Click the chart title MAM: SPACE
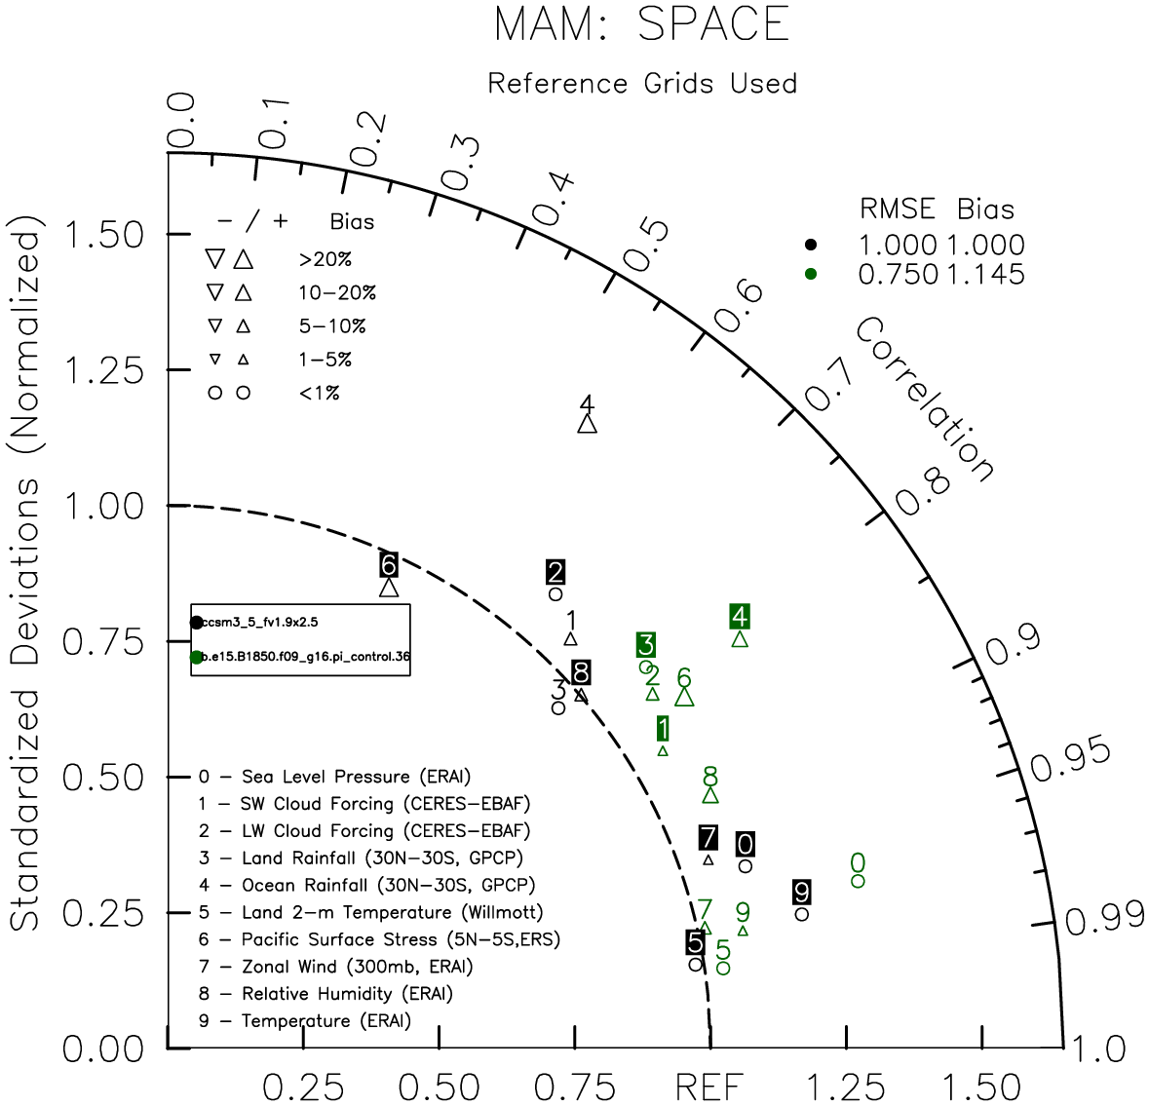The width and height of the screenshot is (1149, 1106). tap(641, 25)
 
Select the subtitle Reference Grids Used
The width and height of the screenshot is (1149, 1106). tap(642, 84)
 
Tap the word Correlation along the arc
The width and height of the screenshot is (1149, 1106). tap(925, 400)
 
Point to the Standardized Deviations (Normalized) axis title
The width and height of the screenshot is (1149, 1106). tap(26, 579)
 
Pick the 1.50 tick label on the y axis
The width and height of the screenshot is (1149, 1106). tap(102, 235)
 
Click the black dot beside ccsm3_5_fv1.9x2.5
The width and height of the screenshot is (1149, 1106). tap(197, 623)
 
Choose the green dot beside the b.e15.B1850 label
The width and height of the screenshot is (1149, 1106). tap(197, 658)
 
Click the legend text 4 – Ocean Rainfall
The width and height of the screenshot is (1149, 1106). tap(367, 886)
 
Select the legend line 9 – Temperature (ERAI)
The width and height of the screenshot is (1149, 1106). tap(305, 1021)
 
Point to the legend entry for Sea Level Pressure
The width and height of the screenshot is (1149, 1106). tap(334, 777)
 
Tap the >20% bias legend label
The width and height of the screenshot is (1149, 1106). tap(325, 260)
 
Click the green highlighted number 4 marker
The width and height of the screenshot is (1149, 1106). tap(740, 617)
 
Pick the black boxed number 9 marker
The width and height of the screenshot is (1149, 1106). tap(802, 893)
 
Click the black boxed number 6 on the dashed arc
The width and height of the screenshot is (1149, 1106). tap(389, 564)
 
